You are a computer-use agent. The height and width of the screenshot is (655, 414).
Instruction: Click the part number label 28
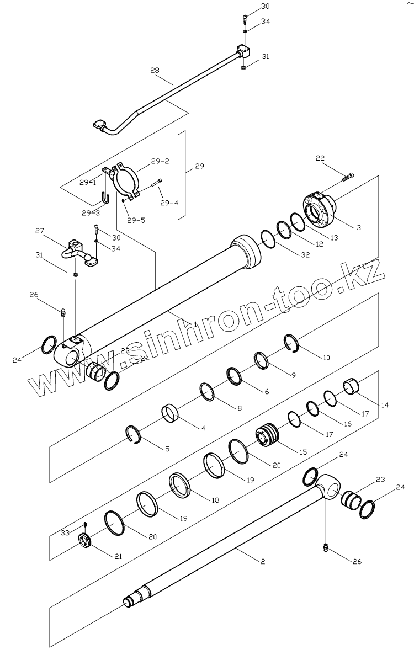[155, 70]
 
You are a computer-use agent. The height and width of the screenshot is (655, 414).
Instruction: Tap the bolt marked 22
[348, 177]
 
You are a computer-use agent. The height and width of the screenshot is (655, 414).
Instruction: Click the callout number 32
[306, 254]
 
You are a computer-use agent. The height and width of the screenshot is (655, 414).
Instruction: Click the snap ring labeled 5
[133, 434]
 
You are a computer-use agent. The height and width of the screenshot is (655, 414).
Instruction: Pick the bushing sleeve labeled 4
[171, 413]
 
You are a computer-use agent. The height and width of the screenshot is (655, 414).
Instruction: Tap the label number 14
[384, 405]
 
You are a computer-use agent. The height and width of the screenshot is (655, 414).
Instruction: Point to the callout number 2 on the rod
[262, 561]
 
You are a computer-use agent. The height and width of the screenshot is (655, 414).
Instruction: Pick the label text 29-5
[136, 220]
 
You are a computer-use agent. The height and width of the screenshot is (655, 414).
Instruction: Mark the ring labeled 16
[312, 408]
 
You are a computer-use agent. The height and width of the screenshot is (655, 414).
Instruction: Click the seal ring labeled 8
[207, 391]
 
